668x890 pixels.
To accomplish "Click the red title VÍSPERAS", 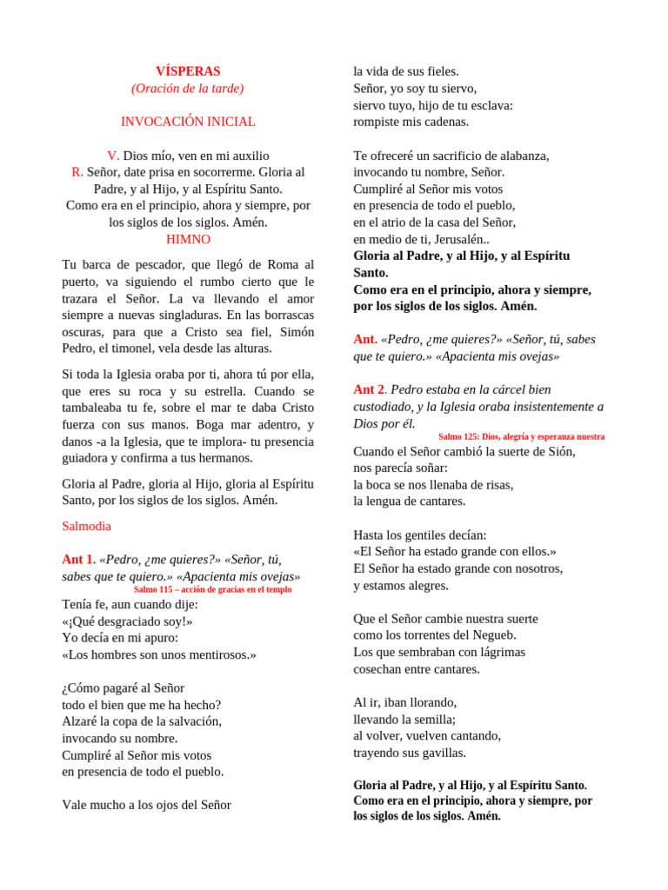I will click(x=188, y=71).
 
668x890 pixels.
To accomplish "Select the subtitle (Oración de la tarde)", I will click(x=188, y=88).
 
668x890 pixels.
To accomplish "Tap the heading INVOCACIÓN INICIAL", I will click(x=188, y=122).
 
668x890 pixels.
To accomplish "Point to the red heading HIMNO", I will click(x=188, y=239).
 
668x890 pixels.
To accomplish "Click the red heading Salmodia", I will click(x=87, y=526).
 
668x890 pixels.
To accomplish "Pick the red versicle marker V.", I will click(x=113, y=156).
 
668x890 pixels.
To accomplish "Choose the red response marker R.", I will click(x=77, y=172).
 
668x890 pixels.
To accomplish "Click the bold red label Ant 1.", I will click(x=78, y=560).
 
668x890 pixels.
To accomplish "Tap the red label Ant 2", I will click(x=370, y=389).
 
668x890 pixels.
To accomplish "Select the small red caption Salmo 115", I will click(x=213, y=589).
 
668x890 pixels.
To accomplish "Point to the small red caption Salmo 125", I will click(x=522, y=436).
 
